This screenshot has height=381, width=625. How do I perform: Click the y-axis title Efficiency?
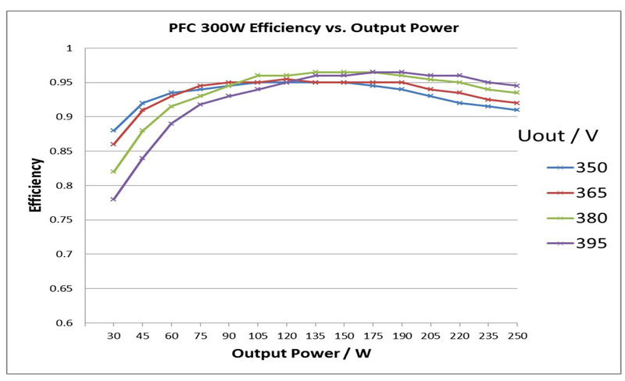click(36, 185)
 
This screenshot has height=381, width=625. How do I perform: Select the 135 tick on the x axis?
click(315, 335)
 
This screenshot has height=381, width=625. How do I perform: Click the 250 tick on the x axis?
click(516, 335)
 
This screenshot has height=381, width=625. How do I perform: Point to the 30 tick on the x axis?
click(113, 335)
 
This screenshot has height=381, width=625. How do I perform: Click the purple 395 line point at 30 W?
click(113, 199)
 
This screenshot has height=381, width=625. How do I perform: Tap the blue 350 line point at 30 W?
click(113, 130)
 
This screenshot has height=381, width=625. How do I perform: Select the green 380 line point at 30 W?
click(113, 172)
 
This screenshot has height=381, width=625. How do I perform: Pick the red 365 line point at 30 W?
click(113, 144)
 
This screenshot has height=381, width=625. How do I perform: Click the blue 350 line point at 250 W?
click(516, 110)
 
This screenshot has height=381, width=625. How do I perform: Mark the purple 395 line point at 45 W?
click(142, 158)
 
